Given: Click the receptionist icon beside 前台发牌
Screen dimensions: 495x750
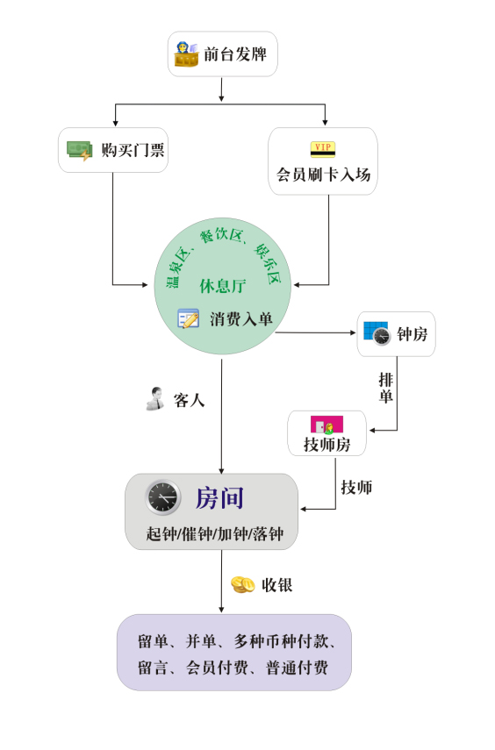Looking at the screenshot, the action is [x=186, y=54].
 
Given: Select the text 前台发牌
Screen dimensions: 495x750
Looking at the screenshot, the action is [x=235, y=54].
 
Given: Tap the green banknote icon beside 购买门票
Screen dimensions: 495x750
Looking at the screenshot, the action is [x=80, y=151].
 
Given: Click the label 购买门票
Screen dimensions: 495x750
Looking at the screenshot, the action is [x=133, y=150].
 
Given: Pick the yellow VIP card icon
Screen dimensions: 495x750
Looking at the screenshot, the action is [x=323, y=149].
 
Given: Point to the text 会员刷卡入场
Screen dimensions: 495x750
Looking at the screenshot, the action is [x=323, y=175].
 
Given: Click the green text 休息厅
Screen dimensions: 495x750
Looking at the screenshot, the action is [x=223, y=286].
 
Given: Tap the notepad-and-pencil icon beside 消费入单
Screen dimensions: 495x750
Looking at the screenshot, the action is [x=188, y=318].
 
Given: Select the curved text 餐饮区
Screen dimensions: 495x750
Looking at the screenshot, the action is [x=221, y=235].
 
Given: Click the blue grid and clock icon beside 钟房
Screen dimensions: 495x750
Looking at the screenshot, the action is [x=377, y=333].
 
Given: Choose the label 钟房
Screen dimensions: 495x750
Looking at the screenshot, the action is [x=412, y=334].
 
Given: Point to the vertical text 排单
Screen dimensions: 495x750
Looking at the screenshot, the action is [x=386, y=388].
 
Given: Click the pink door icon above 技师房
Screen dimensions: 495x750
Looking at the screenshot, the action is [x=327, y=425].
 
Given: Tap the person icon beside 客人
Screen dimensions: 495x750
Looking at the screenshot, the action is [x=155, y=398].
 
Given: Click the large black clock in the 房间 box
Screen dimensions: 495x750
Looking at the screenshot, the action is [x=163, y=497].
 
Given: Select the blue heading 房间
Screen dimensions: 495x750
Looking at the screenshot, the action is [x=219, y=498].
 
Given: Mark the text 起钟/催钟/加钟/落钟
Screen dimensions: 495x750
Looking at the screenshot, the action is [x=215, y=534].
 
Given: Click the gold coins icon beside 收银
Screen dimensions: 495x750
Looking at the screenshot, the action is [x=243, y=584].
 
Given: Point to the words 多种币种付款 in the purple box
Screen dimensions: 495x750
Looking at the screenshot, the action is [x=281, y=641].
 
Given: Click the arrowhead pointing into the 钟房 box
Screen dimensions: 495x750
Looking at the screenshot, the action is [x=353, y=333].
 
